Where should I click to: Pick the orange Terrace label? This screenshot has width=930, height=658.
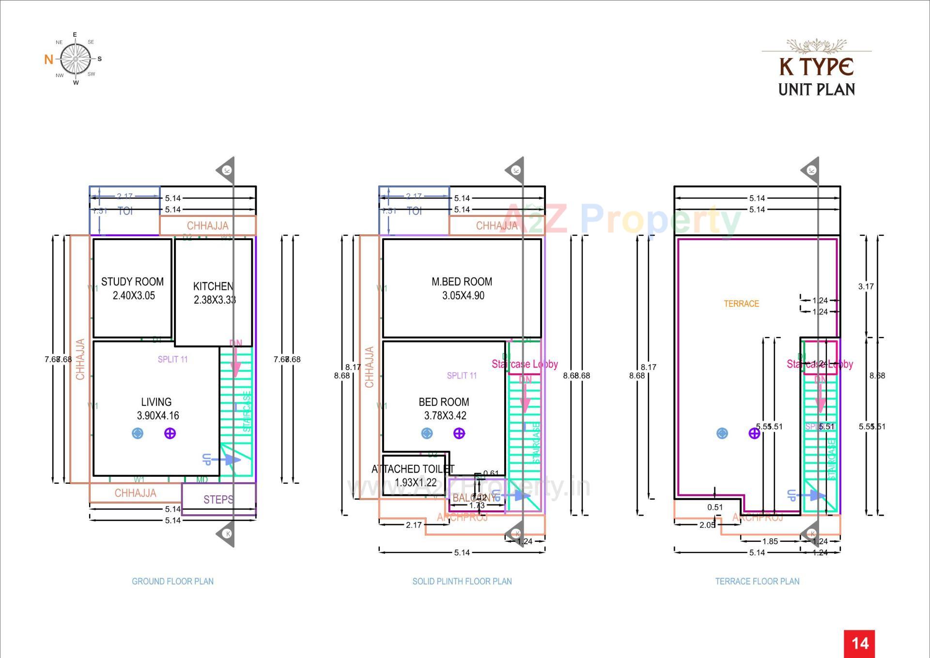[x=741, y=304]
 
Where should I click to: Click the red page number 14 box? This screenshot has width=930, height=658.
[x=859, y=643]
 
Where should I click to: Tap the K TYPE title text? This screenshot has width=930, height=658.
[x=816, y=67]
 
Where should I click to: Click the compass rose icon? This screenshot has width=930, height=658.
[x=76, y=59]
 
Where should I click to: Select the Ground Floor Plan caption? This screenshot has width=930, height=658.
[x=172, y=581]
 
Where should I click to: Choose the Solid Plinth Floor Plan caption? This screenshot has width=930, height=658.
[x=462, y=581]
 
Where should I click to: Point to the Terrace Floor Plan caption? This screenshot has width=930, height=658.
[x=757, y=581]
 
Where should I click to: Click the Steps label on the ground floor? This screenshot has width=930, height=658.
[x=218, y=499]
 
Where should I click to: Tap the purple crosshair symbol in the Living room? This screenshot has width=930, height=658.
[x=170, y=433]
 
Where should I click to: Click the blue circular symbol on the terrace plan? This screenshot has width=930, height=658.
[x=722, y=433]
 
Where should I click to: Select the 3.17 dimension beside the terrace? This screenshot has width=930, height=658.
[x=866, y=286]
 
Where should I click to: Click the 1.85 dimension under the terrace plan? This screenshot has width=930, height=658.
[x=770, y=541]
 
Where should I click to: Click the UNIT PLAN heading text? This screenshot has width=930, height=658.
[x=816, y=90]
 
